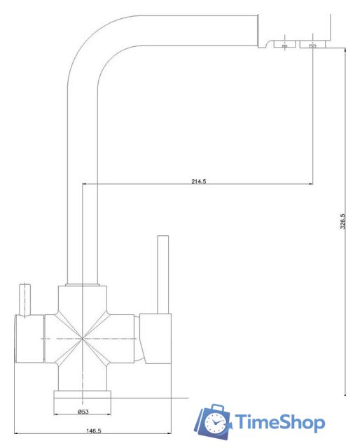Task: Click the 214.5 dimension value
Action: [199, 181]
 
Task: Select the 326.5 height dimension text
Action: [342, 221]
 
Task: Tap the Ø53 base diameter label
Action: [83, 412]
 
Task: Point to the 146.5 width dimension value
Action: [94, 430]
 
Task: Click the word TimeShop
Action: [279, 422]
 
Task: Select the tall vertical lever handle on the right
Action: [163, 274]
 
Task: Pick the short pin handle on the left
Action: [25, 300]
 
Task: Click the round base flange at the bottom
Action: [83, 402]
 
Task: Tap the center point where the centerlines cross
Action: [83, 339]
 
